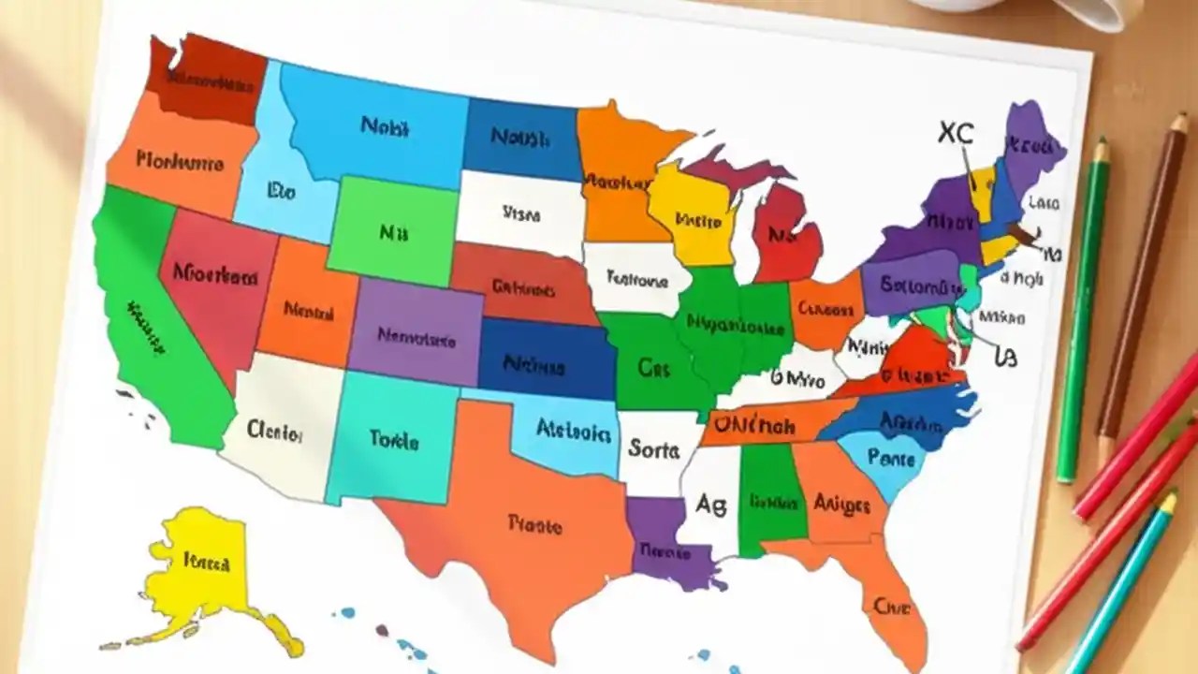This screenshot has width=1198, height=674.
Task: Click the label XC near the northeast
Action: click(955, 133)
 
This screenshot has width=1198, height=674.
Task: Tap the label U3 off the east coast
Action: click(1005, 356)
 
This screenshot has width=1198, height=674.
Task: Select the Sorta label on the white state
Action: click(653, 449)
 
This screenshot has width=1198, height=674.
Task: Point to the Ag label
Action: click(710, 504)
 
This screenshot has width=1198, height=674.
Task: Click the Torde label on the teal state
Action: click(394, 438)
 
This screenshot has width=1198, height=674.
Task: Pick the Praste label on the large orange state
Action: click(534, 523)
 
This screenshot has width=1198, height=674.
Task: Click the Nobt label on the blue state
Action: click(384, 126)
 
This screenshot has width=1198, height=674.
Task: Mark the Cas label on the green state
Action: click(653, 368)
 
